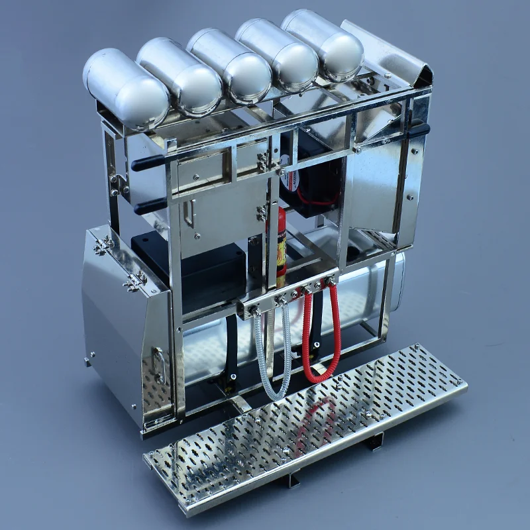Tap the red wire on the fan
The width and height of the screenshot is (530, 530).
pyautogui.click(x=317, y=199)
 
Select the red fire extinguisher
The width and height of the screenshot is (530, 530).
pyautogui.click(x=281, y=242)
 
